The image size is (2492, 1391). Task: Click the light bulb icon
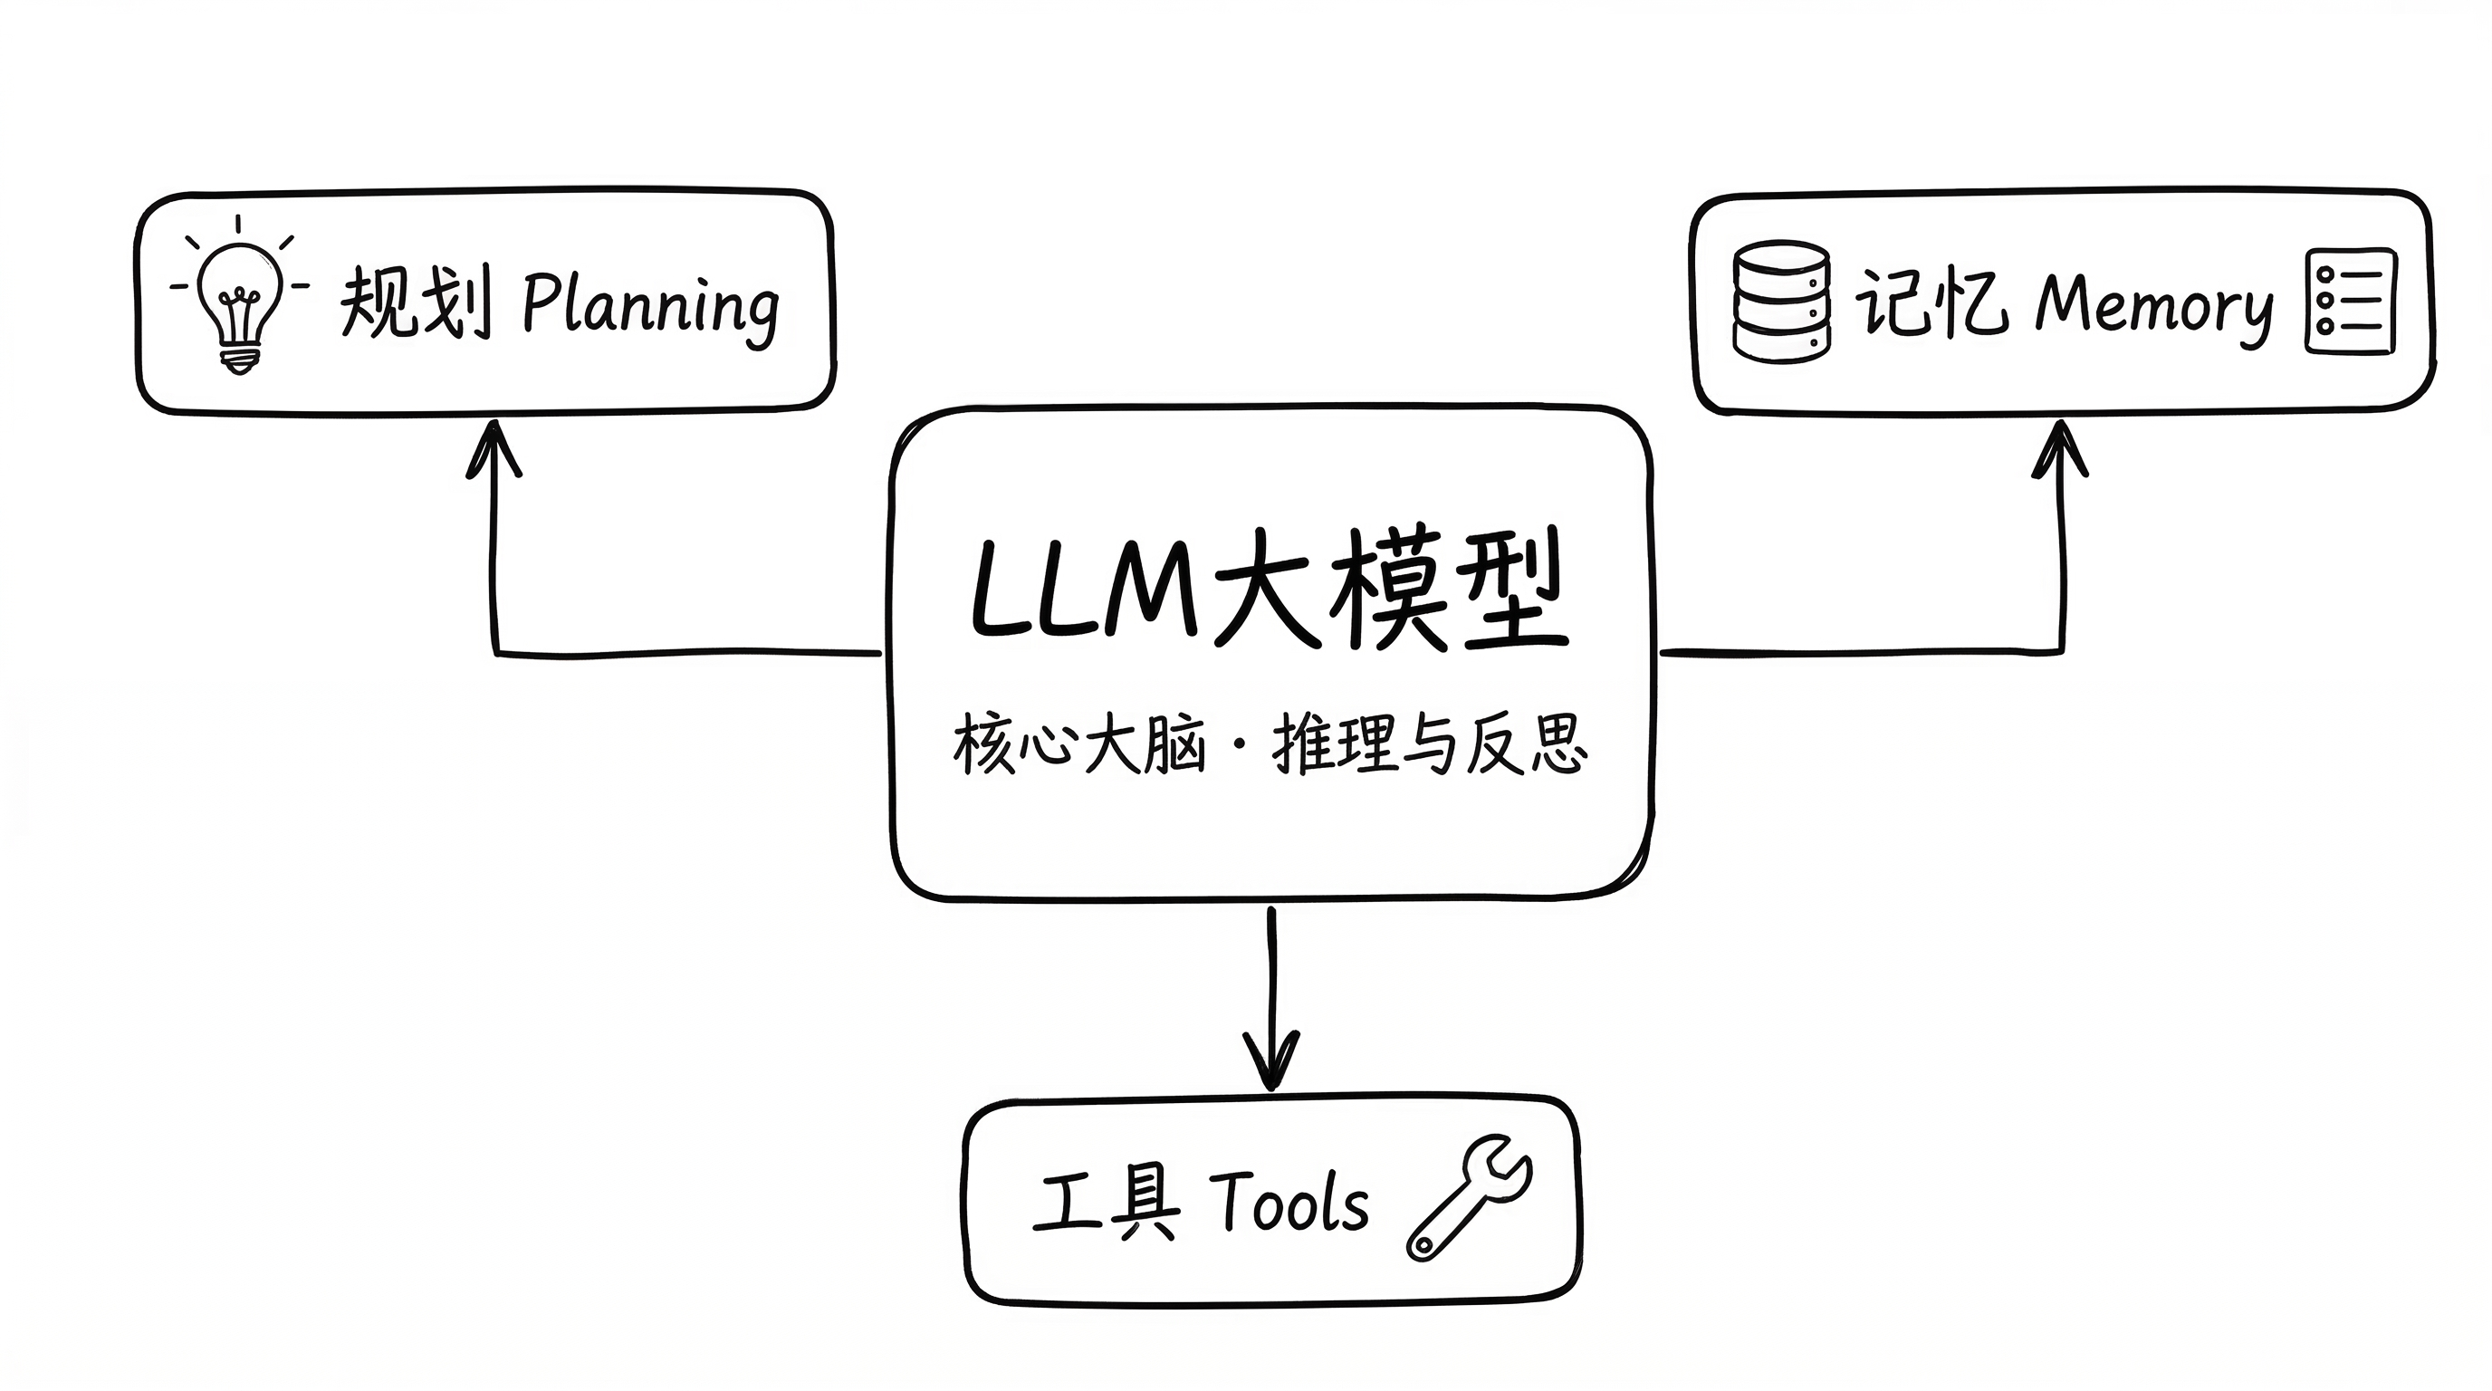coord(239,300)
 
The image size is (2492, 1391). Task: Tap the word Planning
coord(650,307)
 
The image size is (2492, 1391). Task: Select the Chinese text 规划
coord(416,302)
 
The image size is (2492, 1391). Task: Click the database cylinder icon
coord(1780,301)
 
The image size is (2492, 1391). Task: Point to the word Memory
coord(2153,307)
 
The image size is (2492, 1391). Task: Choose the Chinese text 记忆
coord(1929,302)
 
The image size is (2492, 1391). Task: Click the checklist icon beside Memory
coord(2351,301)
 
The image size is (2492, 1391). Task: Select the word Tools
coord(1289,1203)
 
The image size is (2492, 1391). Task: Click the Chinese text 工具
coord(1107,1203)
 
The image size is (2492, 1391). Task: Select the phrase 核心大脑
coord(1078,744)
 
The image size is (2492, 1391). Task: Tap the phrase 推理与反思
coord(1429,744)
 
